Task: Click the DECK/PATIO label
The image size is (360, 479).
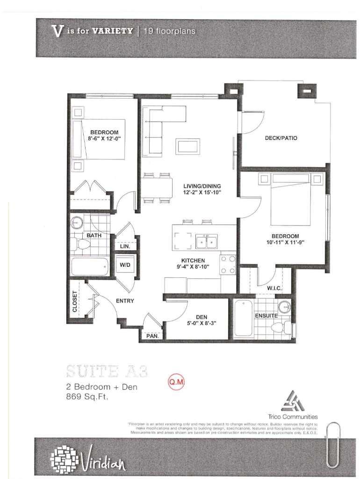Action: coord(281,138)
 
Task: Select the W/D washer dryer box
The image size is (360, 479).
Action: coord(125,265)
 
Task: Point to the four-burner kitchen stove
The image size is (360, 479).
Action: coord(228,264)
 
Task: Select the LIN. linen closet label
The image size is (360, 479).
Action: coord(125,246)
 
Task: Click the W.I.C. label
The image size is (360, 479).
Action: coord(274,289)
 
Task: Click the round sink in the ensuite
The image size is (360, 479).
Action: coord(284,307)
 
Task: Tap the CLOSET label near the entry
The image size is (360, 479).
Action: coord(75,302)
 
